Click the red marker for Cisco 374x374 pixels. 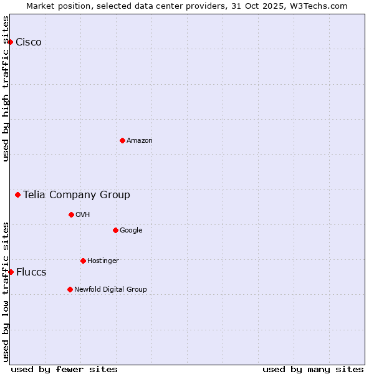coord(11,42)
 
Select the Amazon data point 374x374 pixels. coord(122,140)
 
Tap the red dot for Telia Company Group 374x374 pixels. coord(17,194)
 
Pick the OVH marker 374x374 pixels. coord(71,214)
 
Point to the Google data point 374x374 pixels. coord(115,230)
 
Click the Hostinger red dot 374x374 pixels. coord(83,261)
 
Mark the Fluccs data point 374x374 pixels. coord(11,272)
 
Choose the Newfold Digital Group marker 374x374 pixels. coord(70,289)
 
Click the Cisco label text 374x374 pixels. coord(29,42)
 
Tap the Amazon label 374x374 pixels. coord(140,141)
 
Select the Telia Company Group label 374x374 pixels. coord(77,195)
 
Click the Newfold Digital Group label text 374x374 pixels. coord(110,289)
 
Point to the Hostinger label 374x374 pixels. coord(103,261)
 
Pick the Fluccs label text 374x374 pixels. coord(31,272)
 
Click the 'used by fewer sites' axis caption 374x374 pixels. coord(64,369)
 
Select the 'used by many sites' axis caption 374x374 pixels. coord(313,369)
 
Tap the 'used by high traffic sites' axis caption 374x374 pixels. coord(6,89)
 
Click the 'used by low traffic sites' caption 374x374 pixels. coord(6,292)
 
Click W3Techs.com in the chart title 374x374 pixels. coord(317,6)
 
